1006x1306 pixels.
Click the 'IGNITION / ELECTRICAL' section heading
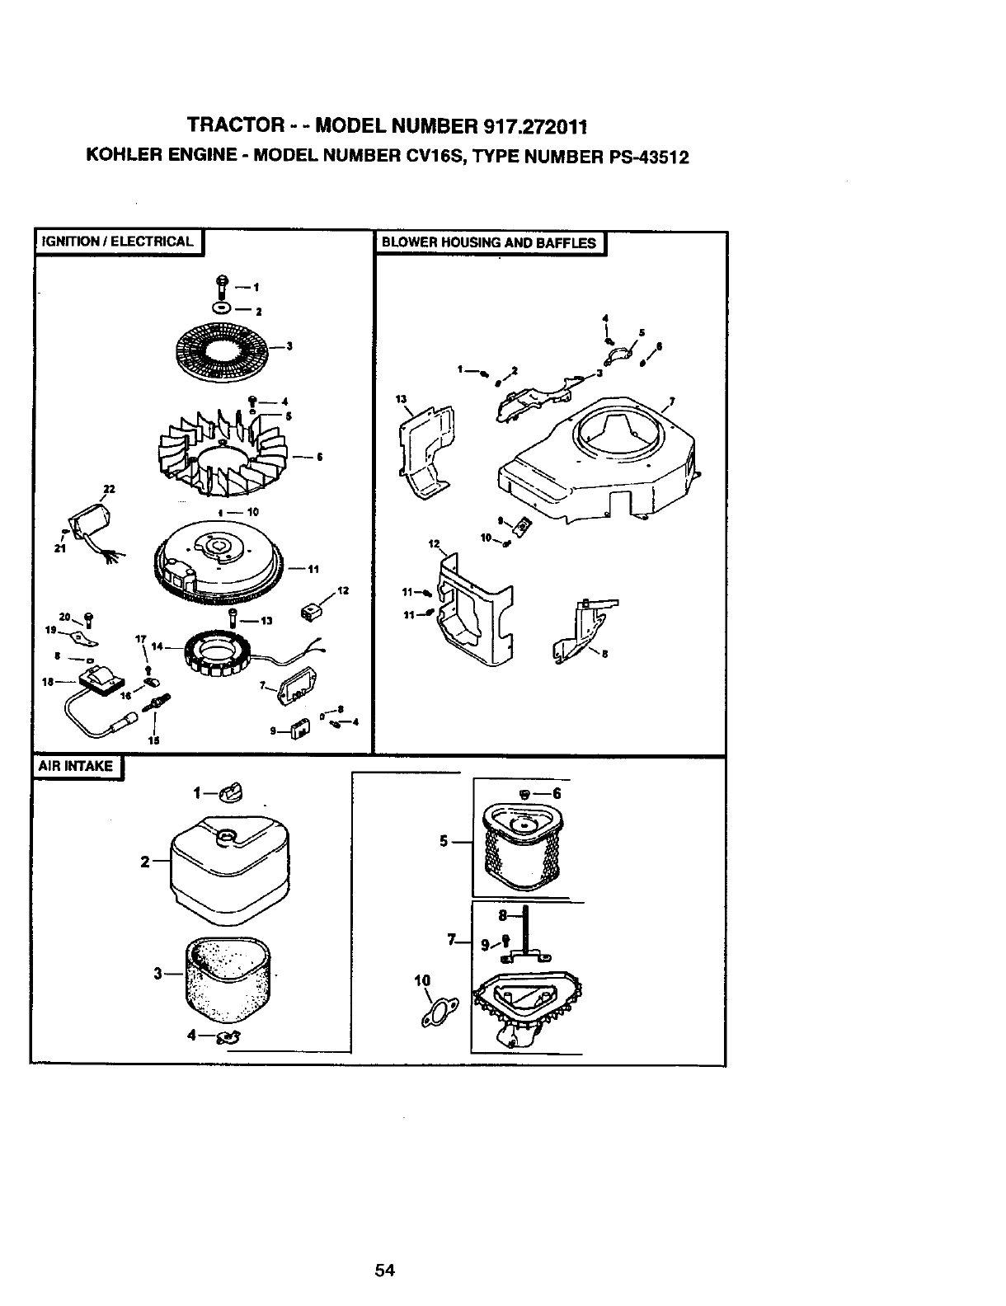(115, 242)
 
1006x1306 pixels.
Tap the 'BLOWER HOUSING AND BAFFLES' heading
(489, 242)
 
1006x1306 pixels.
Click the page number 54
(385, 1271)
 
